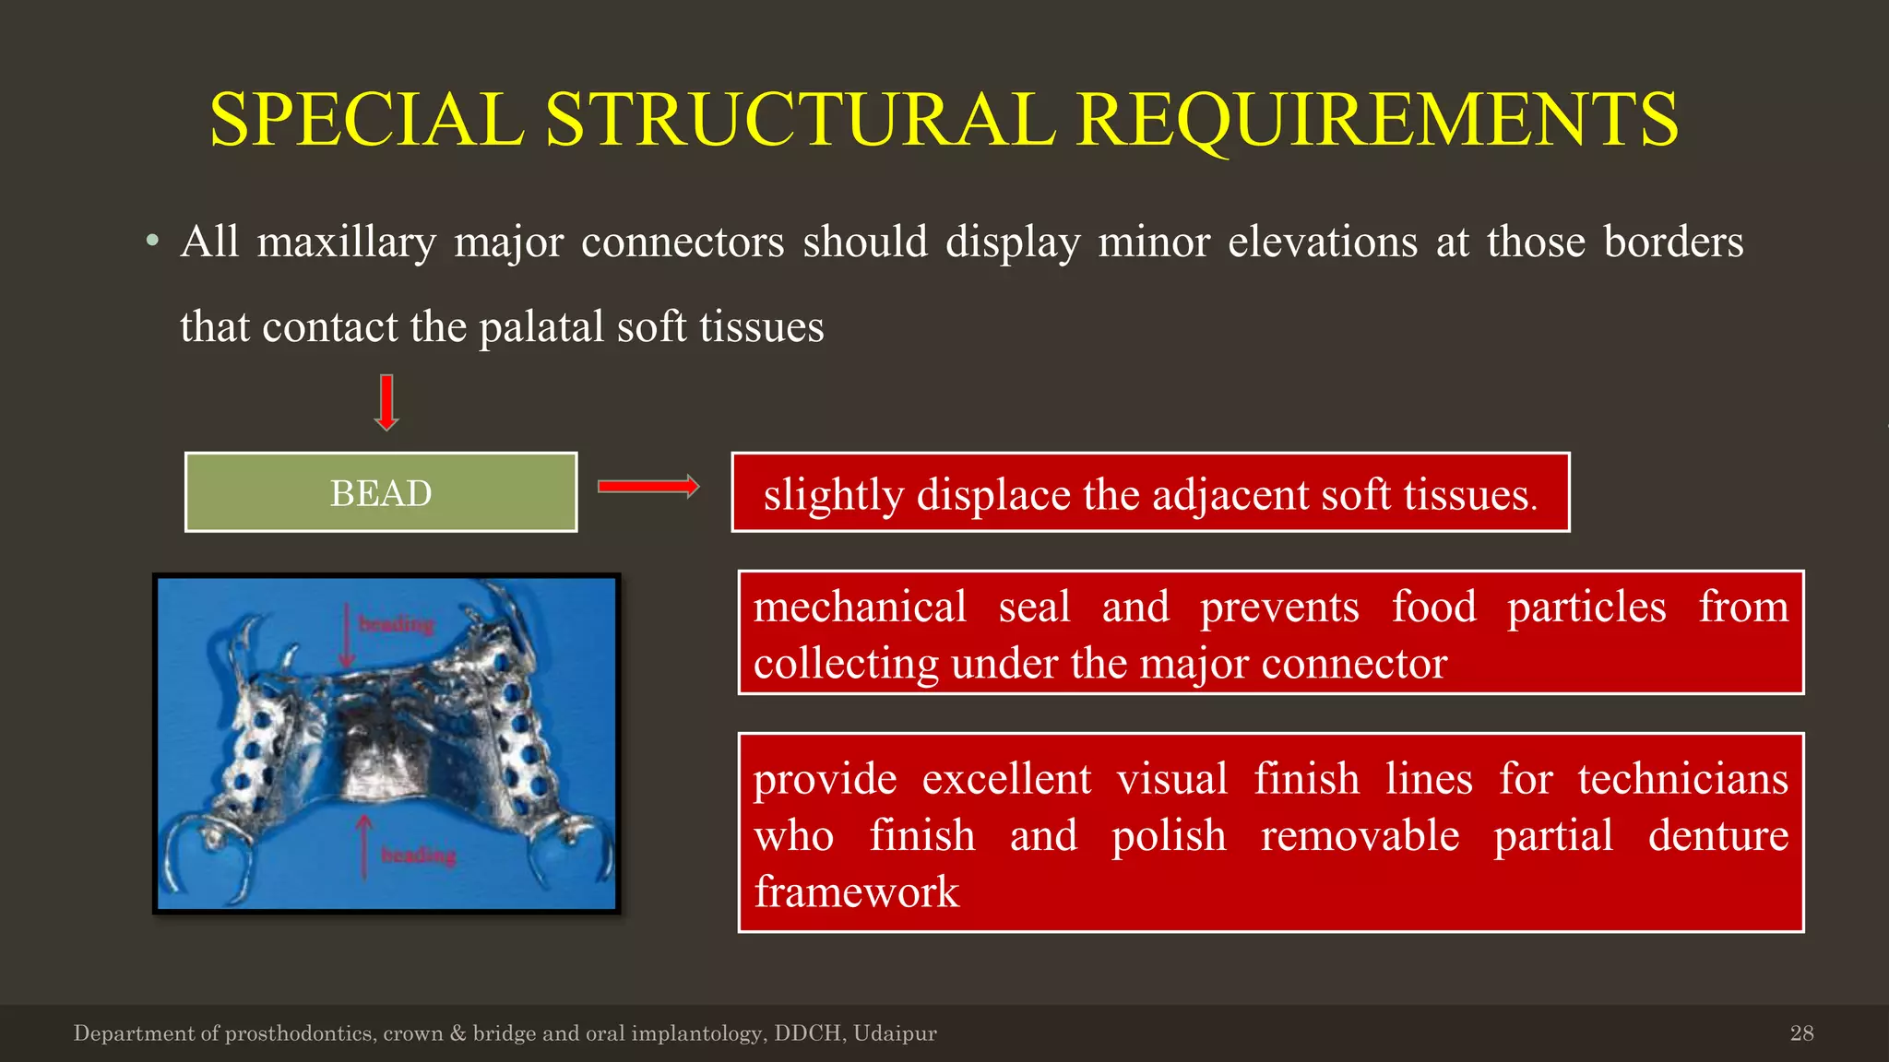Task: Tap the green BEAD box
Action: (x=381, y=492)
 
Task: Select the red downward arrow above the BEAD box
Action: (x=386, y=403)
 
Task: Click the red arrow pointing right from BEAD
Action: (x=647, y=487)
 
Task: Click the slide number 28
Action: (x=1801, y=1033)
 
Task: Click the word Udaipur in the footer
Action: (x=895, y=1033)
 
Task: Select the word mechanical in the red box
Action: (x=860, y=608)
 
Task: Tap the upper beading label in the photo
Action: (x=396, y=625)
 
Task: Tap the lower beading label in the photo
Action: (x=419, y=855)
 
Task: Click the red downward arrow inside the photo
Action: (x=346, y=635)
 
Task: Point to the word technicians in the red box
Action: (x=1682, y=780)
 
